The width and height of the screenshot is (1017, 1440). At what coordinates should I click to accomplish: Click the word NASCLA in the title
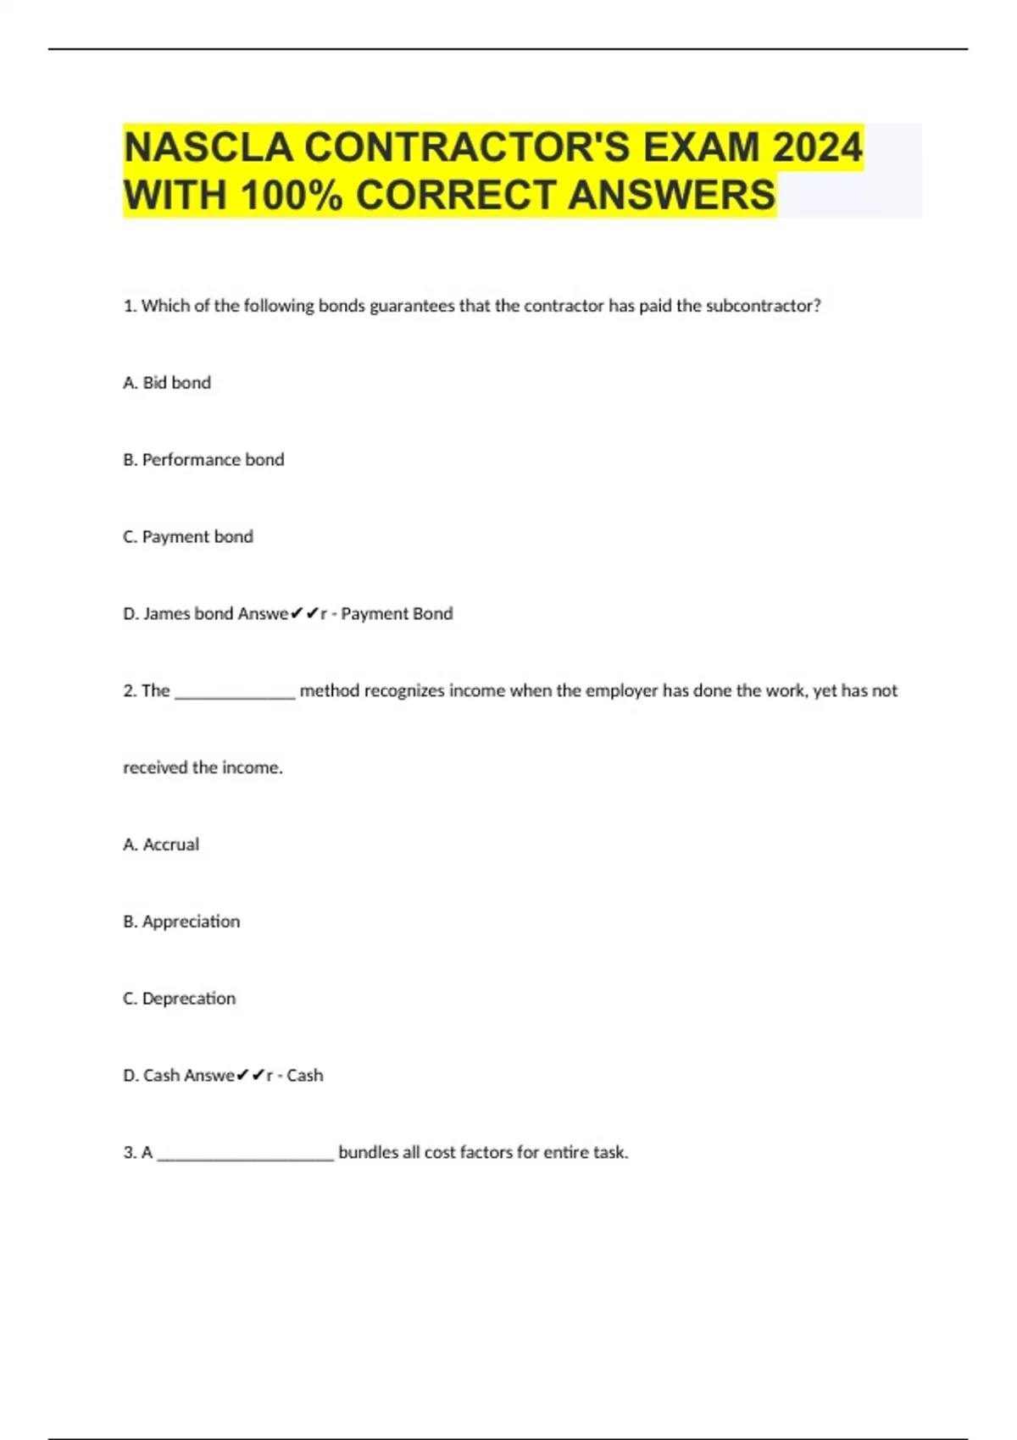pos(208,147)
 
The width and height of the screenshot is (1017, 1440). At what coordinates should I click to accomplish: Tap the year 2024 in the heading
pos(817,147)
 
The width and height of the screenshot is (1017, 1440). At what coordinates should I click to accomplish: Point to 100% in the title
pos(292,196)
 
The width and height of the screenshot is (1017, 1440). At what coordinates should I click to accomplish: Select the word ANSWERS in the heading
pos(671,196)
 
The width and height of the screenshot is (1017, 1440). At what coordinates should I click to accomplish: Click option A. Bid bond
pos(167,383)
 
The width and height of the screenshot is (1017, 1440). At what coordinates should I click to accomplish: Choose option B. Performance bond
pos(203,460)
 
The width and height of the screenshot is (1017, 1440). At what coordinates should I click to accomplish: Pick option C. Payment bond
pos(188,537)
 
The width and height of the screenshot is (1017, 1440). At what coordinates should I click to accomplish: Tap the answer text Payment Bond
pos(397,614)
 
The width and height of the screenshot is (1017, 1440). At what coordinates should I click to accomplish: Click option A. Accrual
pos(161,845)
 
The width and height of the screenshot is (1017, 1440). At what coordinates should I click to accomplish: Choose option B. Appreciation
pos(181,922)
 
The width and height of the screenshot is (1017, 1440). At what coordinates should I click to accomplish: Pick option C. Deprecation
pos(180,999)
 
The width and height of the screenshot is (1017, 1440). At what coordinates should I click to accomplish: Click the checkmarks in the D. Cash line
pos(251,1075)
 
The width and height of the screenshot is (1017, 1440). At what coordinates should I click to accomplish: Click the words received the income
pos(203,768)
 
